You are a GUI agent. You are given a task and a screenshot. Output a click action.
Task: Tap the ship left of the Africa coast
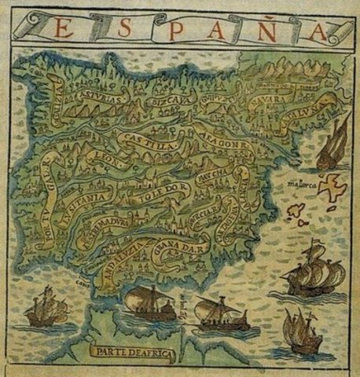(x=46, y=308)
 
